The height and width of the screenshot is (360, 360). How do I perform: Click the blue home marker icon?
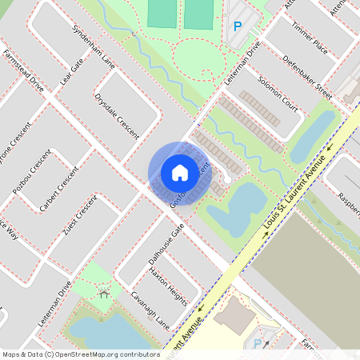click(180, 172)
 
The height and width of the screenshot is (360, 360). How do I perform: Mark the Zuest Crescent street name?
click(79, 215)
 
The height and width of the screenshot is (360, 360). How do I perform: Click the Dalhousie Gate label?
click(166, 244)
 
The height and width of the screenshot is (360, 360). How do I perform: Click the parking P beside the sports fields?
click(237, 26)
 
